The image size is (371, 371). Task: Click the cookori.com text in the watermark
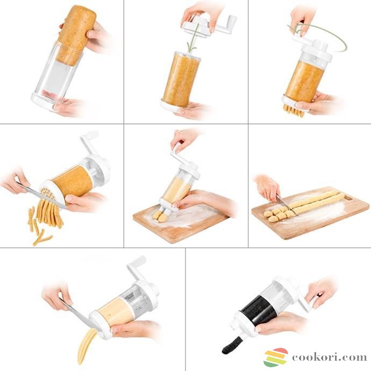[x=330, y=357]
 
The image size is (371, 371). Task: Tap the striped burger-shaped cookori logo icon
[x=276, y=357]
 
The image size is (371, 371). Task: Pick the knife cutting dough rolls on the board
[x=286, y=205]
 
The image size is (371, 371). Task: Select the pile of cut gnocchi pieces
[x=278, y=213]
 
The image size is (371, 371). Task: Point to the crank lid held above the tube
[x=208, y=26]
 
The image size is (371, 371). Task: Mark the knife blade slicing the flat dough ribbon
[x=76, y=312]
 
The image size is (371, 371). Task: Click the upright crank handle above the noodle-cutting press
[x=89, y=142]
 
